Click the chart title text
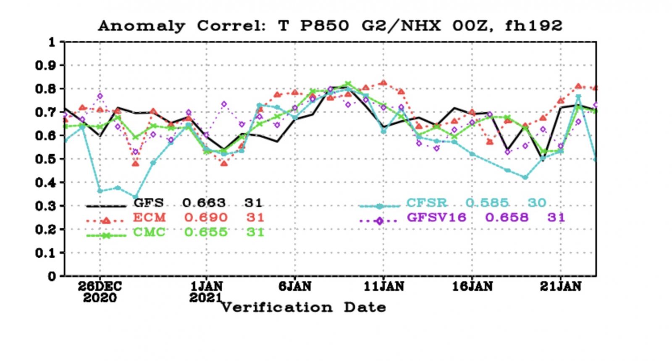click(330, 26)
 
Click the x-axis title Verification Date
click(303, 307)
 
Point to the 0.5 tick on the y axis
click(47, 159)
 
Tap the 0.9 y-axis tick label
click(47, 66)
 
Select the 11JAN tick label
click(383, 287)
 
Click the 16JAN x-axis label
click(472, 287)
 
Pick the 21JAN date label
click(561, 287)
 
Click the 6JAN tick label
click(295, 287)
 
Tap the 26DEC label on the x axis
click(100, 287)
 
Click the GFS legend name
click(148, 203)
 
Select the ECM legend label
click(149, 218)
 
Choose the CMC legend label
click(149, 232)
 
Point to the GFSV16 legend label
click(436, 218)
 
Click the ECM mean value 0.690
click(205, 218)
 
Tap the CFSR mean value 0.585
click(487, 203)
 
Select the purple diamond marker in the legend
click(379, 221)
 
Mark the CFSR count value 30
click(537, 203)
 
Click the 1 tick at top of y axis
click(52, 42)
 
